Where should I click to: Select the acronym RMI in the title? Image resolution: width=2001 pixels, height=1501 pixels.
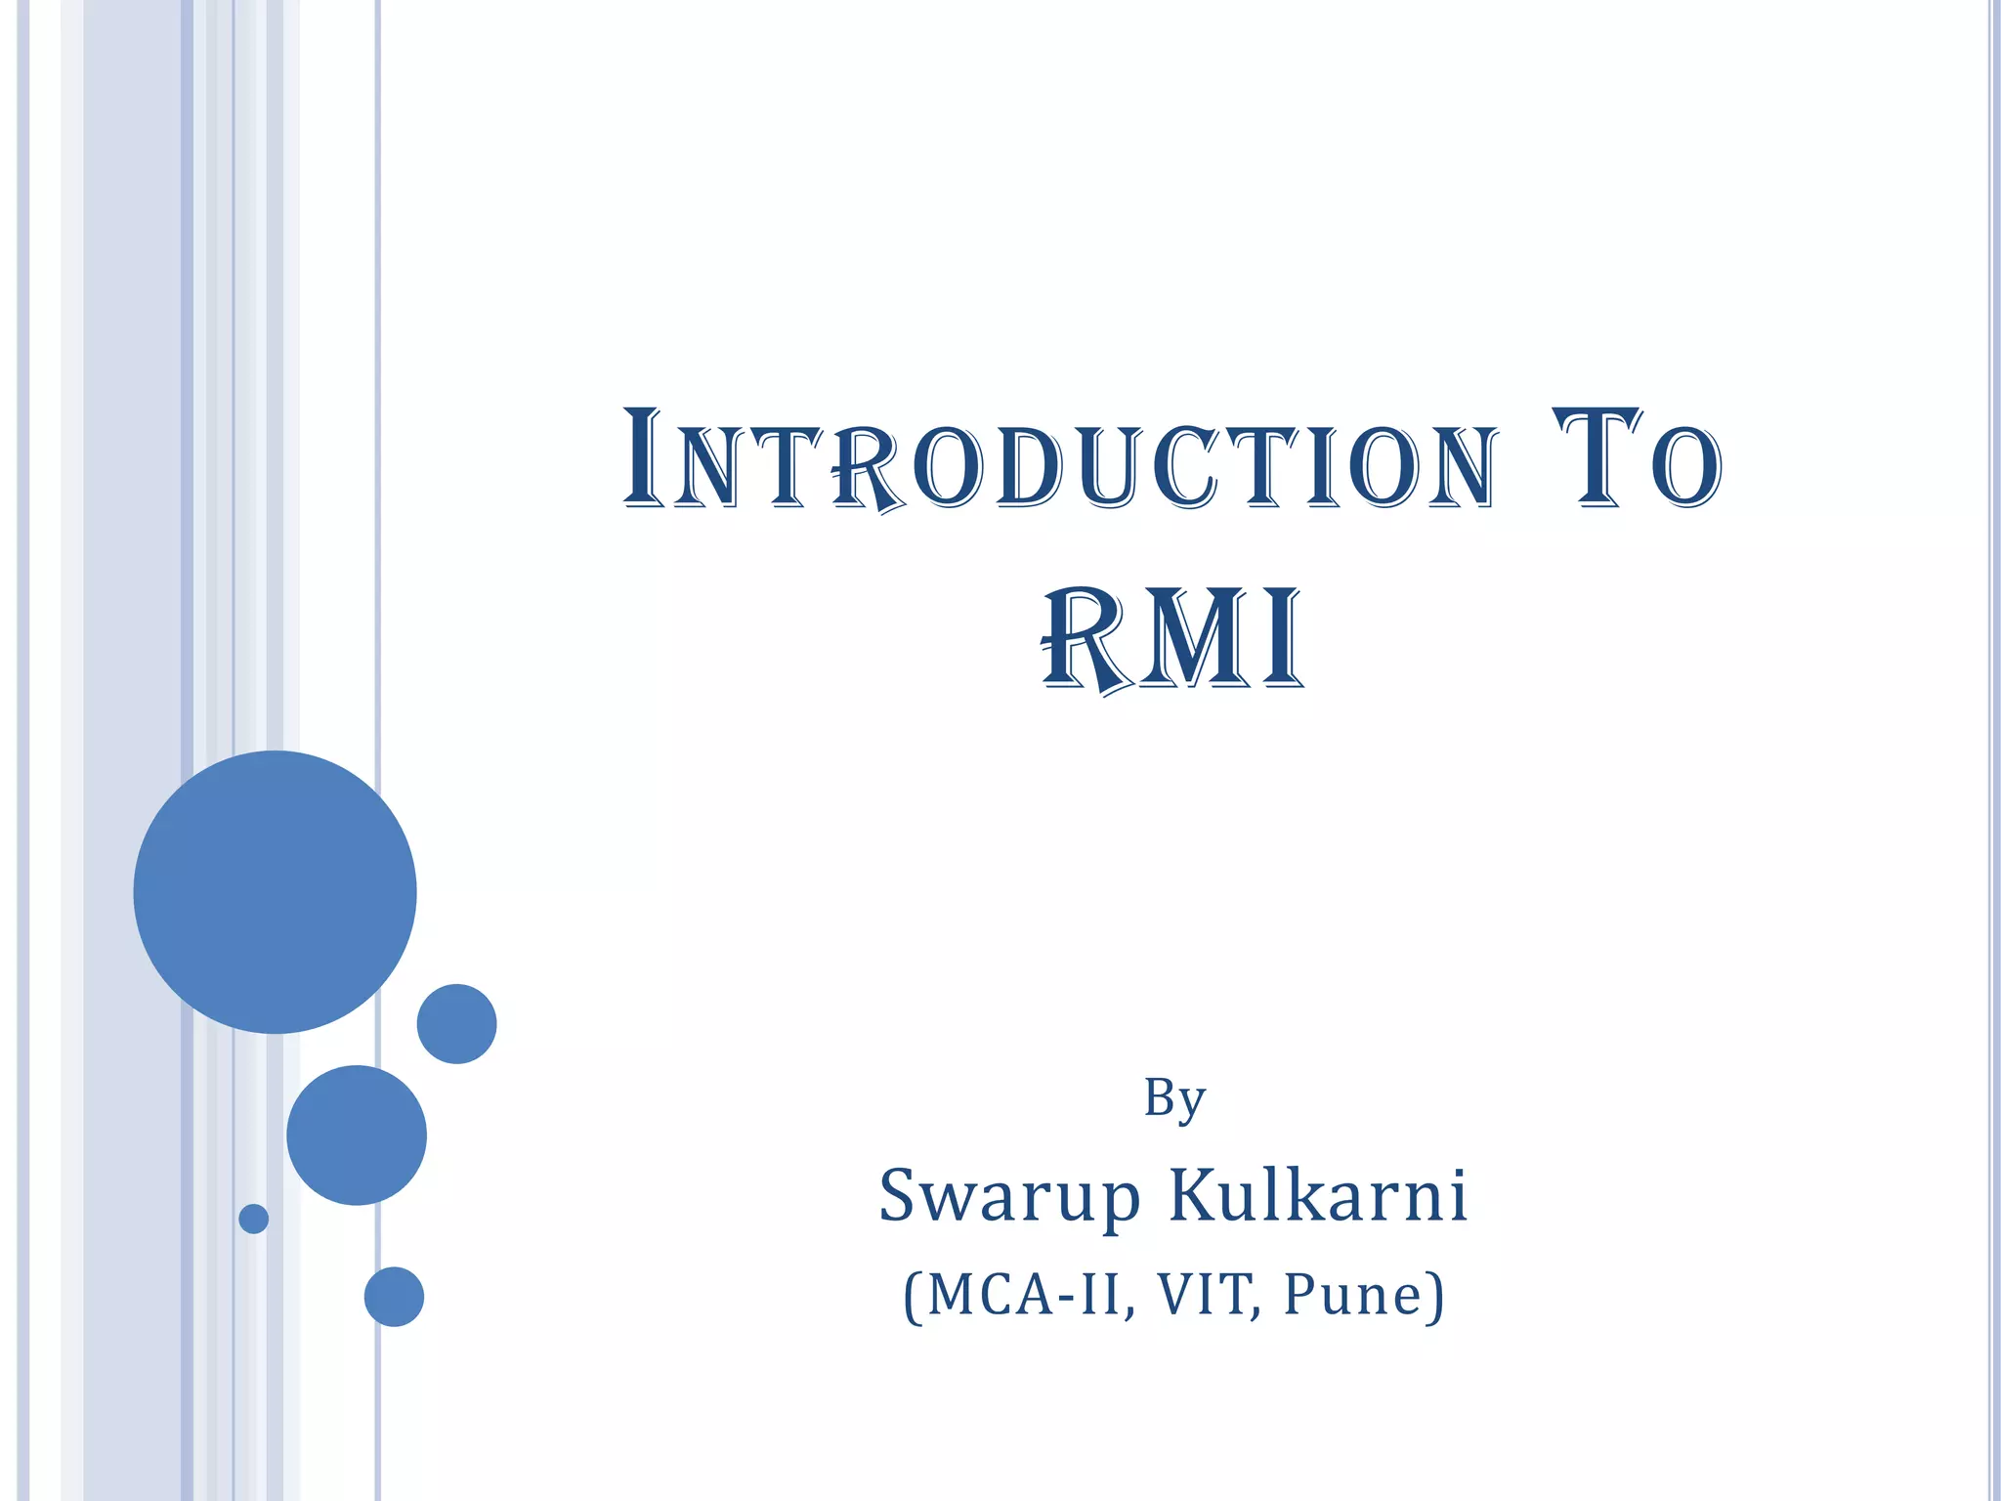(x=1172, y=640)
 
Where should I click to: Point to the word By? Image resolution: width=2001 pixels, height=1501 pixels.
(x=1174, y=1099)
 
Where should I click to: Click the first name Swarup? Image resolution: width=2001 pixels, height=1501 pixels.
(x=1009, y=1196)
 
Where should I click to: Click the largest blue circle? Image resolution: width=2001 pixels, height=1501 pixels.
(x=275, y=891)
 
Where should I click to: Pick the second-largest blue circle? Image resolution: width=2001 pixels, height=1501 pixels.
(x=357, y=1135)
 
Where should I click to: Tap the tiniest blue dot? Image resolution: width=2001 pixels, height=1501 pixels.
(x=254, y=1219)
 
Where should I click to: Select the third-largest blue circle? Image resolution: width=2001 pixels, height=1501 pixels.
(x=456, y=1023)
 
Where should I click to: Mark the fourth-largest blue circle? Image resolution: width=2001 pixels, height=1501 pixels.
(x=394, y=1297)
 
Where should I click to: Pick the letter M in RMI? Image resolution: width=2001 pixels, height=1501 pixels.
(x=1189, y=640)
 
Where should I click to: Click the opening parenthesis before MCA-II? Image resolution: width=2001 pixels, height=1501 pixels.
(x=913, y=1297)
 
